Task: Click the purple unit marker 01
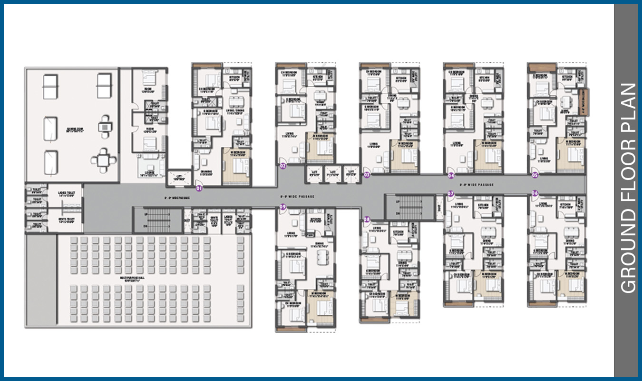click(199, 189)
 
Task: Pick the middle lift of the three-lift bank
click(332, 174)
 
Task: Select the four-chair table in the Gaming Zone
click(103, 159)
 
